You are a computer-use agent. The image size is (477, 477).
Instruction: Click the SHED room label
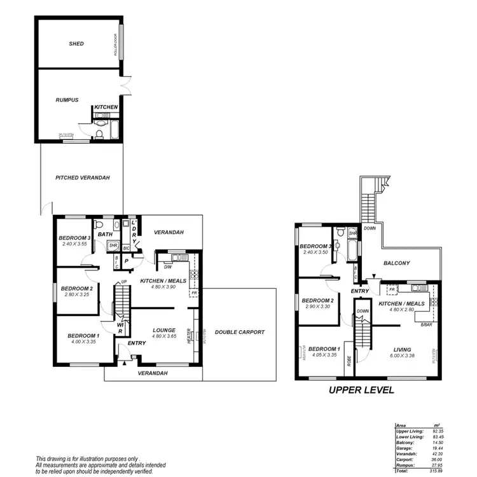click(77, 44)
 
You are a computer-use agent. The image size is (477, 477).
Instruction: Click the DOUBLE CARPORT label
click(239, 332)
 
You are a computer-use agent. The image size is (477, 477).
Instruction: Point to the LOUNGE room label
click(164, 330)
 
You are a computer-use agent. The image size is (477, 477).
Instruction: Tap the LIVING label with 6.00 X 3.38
click(401, 349)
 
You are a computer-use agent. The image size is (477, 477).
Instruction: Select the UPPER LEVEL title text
click(361, 390)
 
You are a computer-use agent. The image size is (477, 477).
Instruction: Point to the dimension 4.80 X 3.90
click(163, 287)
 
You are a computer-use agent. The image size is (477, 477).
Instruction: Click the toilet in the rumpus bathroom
click(100, 134)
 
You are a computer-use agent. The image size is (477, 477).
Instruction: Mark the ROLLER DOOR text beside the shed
click(116, 45)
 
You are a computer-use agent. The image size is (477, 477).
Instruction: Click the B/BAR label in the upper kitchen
click(427, 325)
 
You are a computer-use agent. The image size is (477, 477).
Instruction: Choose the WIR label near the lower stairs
click(120, 328)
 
